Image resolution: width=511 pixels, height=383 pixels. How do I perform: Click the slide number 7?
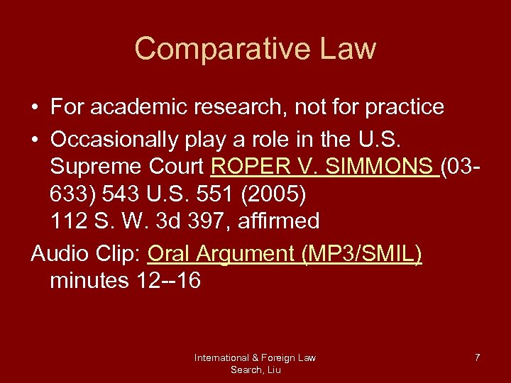point(477,357)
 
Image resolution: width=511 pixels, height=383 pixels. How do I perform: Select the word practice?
point(404,107)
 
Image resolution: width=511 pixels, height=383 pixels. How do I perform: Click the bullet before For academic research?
point(35,108)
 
